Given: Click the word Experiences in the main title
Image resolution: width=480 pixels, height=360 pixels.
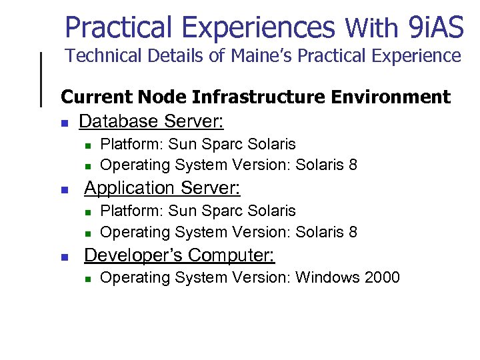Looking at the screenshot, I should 258,28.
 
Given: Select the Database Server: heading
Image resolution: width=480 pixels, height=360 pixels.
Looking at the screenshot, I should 151,121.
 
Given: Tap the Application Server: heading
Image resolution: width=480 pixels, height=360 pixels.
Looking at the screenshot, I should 162,188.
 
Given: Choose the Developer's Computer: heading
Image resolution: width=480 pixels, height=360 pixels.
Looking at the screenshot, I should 179,255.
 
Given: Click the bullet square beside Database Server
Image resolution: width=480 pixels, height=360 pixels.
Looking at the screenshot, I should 64,123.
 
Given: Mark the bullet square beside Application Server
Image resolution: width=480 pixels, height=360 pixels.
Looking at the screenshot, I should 64,190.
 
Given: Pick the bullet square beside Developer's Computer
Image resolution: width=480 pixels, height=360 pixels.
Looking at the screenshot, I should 64,257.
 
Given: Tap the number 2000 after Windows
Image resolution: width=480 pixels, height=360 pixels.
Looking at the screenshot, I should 382,277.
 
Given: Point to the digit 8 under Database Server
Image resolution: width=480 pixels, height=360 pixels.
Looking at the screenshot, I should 353,165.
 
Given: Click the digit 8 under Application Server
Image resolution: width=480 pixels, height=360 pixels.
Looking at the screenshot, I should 353,232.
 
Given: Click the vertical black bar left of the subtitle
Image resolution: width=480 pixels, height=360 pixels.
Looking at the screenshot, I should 42,79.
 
